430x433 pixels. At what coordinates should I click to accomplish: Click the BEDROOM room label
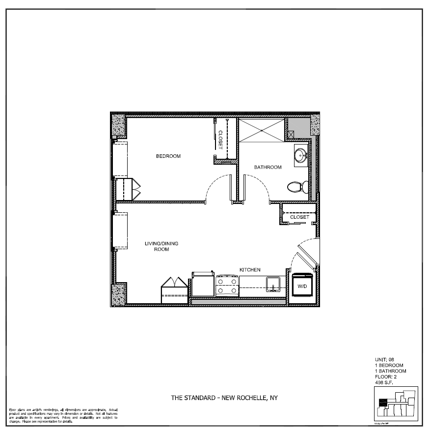click(168, 156)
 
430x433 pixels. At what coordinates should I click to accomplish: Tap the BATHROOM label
click(268, 167)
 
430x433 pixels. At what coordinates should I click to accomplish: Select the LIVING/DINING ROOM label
click(161, 246)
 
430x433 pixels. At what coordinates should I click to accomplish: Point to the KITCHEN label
click(249, 270)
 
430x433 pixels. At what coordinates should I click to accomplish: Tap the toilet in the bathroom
click(297, 187)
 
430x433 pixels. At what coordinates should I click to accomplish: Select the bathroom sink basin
click(300, 155)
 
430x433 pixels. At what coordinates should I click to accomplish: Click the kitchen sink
click(273, 284)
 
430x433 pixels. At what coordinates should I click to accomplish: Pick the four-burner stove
click(227, 285)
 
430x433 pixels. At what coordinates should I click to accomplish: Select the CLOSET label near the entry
click(299, 217)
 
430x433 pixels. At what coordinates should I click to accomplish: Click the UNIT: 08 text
click(384, 360)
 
